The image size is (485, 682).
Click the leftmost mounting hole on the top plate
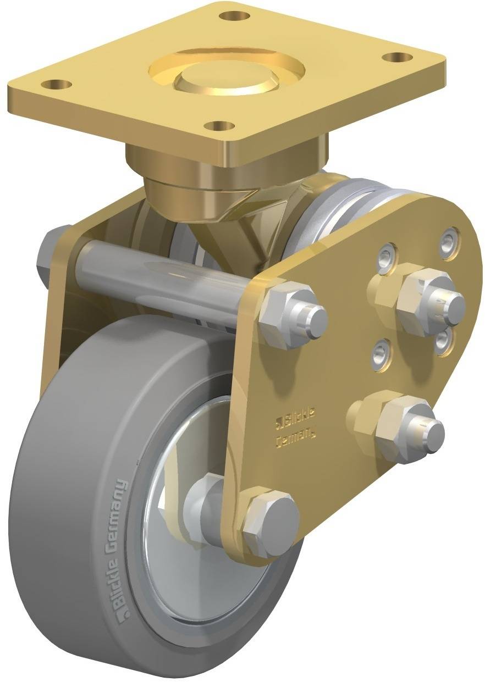(56, 85)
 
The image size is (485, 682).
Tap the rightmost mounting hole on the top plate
(397, 57)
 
